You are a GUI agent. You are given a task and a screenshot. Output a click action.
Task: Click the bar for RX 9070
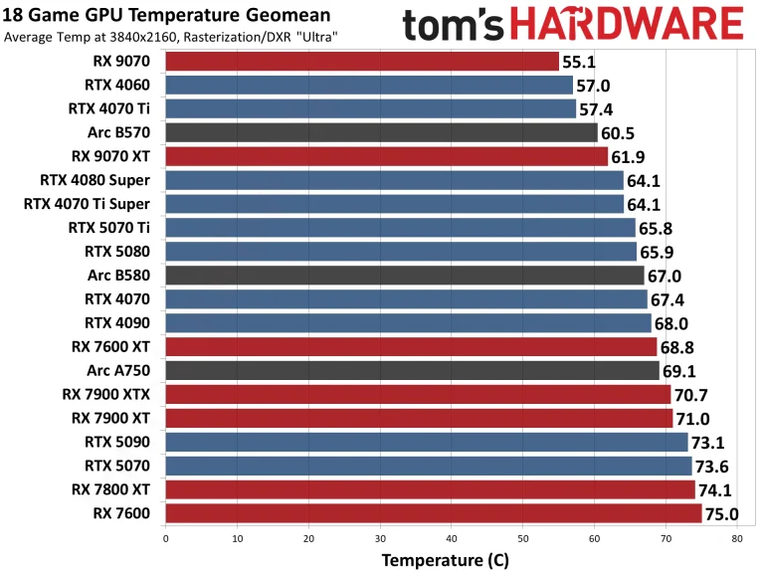click(361, 62)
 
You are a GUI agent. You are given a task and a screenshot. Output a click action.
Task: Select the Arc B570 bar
click(381, 132)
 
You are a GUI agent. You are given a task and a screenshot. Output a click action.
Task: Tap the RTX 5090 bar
click(426, 442)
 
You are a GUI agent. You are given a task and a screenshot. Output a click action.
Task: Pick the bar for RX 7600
click(433, 513)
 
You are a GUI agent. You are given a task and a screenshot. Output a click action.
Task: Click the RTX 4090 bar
click(408, 322)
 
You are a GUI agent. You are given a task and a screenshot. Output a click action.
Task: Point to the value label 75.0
click(722, 514)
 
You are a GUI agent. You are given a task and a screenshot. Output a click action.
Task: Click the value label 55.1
click(580, 62)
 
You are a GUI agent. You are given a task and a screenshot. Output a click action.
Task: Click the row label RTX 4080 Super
click(95, 180)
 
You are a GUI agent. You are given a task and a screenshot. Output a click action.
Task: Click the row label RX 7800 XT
click(110, 489)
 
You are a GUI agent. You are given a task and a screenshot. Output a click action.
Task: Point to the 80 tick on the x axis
click(736, 538)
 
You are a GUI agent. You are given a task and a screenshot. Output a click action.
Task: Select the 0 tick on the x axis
click(165, 538)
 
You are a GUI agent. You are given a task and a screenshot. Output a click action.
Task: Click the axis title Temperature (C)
click(446, 559)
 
